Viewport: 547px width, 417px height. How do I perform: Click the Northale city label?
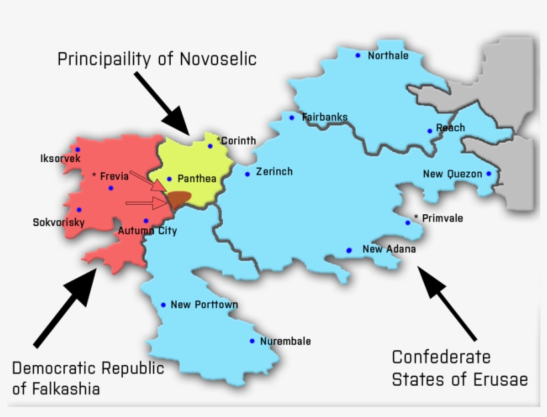click(388, 56)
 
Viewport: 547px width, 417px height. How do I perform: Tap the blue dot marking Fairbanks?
click(292, 117)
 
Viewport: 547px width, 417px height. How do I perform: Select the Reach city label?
click(450, 128)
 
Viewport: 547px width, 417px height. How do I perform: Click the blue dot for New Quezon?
click(489, 174)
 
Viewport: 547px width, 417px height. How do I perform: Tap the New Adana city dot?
click(349, 250)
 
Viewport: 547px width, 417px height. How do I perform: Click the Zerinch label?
click(274, 172)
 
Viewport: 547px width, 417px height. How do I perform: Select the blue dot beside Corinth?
click(210, 146)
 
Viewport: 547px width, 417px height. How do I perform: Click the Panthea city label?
click(196, 179)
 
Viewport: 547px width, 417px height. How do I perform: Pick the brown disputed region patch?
click(178, 198)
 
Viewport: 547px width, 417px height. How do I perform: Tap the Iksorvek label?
click(60, 159)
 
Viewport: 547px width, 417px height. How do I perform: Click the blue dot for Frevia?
click(111, 188)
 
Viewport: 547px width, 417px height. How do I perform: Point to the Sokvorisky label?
click(59, 222)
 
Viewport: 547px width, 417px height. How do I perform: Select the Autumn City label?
click(147, 232)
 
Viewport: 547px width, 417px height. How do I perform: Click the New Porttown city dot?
click(163, 305)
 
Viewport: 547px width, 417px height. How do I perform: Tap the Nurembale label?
click(286, 342)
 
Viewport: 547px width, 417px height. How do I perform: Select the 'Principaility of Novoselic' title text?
click(157, 59)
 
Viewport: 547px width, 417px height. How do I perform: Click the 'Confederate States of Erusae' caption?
click(460, 368)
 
